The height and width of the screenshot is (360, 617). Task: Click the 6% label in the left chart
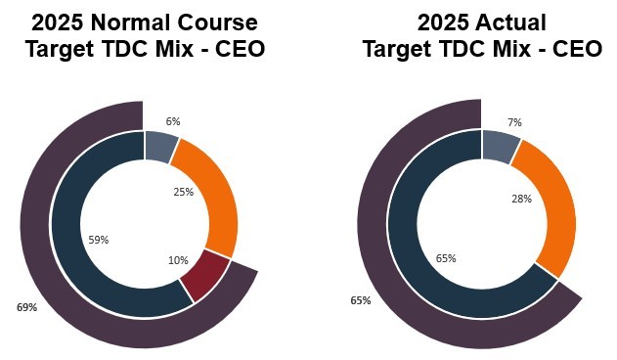tap(173, 120)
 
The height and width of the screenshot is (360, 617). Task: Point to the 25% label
tap(183, 193)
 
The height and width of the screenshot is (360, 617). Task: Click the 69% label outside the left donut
tap(26, 307)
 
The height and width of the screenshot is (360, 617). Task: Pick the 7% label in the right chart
tap(514, 122)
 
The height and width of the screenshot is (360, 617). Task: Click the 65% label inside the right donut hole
tap(445, 258)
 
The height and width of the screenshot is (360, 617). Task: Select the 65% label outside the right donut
tap(361, 300)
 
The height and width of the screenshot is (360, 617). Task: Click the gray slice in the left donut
tap(159, 147)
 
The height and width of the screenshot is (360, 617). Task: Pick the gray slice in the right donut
tap(499, 147)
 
